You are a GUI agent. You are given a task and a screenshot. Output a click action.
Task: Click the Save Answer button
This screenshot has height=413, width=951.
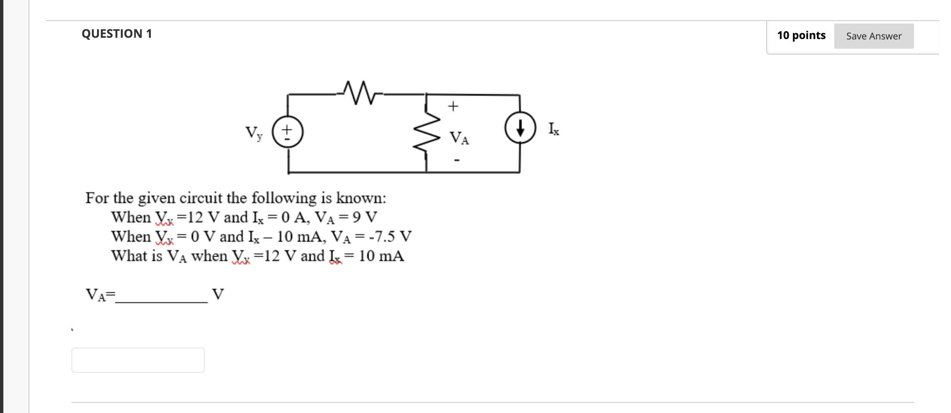873,36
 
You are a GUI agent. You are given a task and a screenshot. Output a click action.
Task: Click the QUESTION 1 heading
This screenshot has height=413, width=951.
117,34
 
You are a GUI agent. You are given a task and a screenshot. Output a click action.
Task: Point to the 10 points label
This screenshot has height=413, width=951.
801,35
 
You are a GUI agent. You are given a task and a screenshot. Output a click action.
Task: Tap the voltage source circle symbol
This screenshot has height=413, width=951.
288,132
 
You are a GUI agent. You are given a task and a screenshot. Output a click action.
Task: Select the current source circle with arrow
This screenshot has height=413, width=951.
520,128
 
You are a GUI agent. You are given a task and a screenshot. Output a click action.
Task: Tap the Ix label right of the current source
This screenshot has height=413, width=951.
554,129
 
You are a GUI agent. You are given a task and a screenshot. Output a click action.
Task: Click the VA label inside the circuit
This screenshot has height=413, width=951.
459,138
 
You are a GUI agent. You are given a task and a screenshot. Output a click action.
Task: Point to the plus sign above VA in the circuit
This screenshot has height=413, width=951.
453,106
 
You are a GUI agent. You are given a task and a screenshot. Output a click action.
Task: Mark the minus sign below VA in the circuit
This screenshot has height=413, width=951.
457,160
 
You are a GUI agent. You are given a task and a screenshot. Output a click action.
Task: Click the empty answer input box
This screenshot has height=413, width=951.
138,360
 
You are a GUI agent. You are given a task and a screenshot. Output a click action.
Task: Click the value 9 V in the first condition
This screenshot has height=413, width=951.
365,217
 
